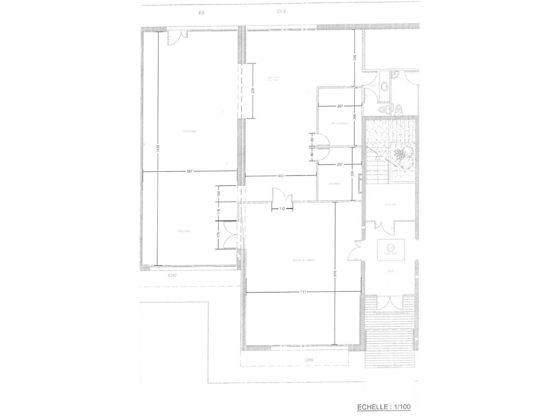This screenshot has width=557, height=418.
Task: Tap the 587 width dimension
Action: coord(189,172)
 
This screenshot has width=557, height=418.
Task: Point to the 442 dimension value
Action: coord(281,176)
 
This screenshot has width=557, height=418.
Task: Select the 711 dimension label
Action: coord(303,292)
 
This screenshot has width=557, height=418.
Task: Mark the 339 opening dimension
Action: coord(253,91)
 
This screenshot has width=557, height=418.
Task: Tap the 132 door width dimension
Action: coord(282,209)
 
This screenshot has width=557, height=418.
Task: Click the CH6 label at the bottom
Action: coord(309,360)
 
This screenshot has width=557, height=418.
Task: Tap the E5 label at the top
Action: coord(201,13)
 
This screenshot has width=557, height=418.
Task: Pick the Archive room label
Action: coord(334,184)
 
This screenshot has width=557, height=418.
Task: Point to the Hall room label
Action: coord(390,271)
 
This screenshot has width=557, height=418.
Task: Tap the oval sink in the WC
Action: coord(384,87)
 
